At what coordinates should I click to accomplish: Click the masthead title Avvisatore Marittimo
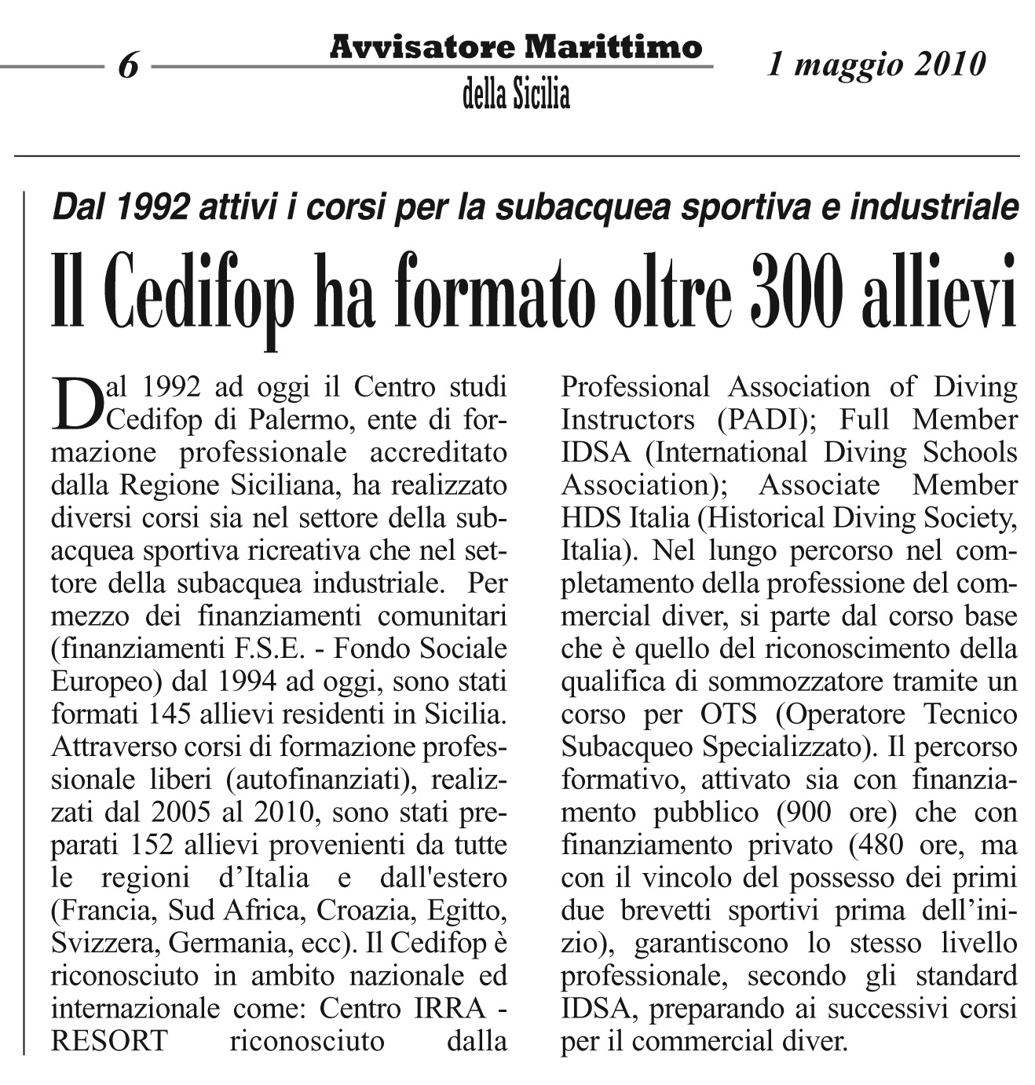515,48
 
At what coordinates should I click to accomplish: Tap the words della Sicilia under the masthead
516,96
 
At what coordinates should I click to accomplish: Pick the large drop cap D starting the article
77,404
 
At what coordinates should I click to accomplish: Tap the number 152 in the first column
152,845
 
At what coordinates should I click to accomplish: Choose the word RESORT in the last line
109,1041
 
